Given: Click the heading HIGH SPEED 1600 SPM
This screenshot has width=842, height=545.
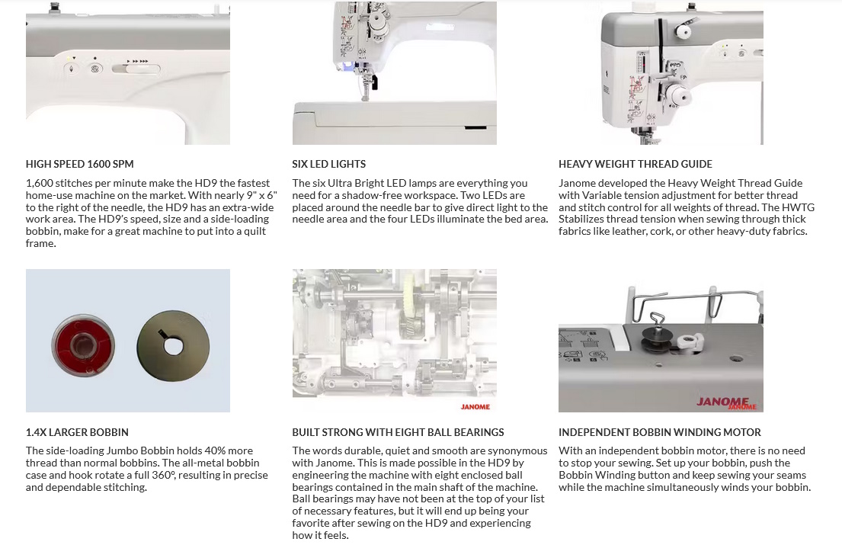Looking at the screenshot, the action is tap(79, 164).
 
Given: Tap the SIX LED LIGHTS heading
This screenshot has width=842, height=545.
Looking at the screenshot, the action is tap(328, 164).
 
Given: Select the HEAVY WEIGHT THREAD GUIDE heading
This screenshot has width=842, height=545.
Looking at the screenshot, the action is tap(636, 164).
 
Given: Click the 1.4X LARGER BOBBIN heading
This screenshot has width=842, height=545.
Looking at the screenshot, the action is tap(77, 432).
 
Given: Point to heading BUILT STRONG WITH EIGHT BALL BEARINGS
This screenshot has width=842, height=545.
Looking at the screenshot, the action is tap(398, 432).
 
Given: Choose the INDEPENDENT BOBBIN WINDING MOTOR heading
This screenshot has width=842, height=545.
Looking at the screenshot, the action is tap(659, 432).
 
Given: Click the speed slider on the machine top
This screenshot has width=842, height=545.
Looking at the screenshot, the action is tap(136, 69).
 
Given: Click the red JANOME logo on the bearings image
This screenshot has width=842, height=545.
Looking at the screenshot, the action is tap(475, 406).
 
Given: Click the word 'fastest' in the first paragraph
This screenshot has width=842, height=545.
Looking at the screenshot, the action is tap(252, 183).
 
